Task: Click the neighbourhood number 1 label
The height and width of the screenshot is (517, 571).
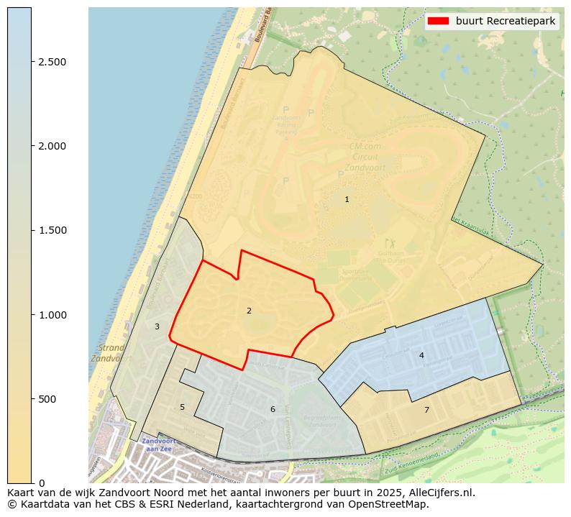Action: tap(347, 199)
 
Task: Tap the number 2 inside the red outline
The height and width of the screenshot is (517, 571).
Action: tap(249, 311)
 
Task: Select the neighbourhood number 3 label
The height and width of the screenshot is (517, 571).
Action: tap(157, 326)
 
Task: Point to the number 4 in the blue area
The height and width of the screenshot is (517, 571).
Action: tap(421, 355)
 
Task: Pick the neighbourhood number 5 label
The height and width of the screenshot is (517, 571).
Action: tap(182, 407)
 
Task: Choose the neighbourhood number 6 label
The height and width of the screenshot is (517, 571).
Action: tap(273, 409)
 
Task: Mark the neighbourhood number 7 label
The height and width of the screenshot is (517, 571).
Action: tap(426, 410)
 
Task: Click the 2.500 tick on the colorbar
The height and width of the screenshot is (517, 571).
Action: tap(52, 62)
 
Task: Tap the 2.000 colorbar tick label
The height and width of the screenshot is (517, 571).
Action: tap(52, 146)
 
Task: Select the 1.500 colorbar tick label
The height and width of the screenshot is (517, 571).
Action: tap(52, 230)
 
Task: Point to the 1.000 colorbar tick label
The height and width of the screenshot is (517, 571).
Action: tap(52, 314)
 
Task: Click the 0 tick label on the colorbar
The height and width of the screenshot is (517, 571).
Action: tap(41, 483)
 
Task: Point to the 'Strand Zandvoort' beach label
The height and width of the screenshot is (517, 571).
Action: tap(107, 352)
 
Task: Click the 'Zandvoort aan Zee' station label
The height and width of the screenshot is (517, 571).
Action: tap(157, 444)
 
